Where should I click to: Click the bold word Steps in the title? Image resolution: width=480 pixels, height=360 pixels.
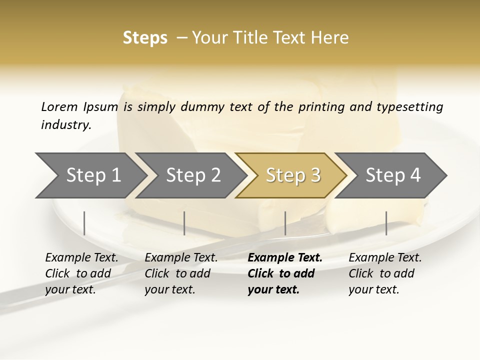point(145,38)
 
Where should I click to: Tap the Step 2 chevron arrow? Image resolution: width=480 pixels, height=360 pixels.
point(190,175)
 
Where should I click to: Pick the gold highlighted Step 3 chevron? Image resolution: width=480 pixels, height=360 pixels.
point(290,175)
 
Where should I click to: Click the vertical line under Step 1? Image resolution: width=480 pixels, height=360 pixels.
point(84,223)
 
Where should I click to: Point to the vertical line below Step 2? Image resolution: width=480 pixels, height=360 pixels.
point(184,223)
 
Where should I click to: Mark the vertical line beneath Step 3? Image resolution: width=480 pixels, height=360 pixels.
point(285,223)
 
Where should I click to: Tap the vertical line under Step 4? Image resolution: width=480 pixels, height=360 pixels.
point(386,223)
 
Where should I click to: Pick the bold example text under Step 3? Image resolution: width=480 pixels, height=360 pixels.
point(284,273)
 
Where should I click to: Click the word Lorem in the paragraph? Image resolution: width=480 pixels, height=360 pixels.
point(59,106)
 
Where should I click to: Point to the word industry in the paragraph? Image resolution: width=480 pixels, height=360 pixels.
point(66,124)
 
